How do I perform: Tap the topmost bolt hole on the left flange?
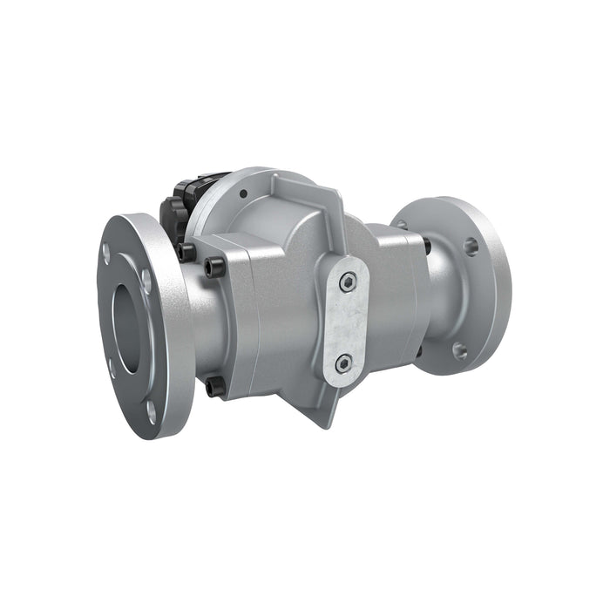[x=106, y=253]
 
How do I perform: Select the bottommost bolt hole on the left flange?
[x=151, y=410]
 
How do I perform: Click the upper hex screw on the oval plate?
[x=348, y=281]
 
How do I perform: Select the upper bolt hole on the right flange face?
[x=471, y=247]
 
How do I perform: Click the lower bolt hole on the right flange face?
[x=460, y=351]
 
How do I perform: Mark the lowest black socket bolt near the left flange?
[x=214, y=385]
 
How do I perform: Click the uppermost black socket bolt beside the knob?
[x=186, y=253]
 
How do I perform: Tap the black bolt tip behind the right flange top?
[x=426, y=247]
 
